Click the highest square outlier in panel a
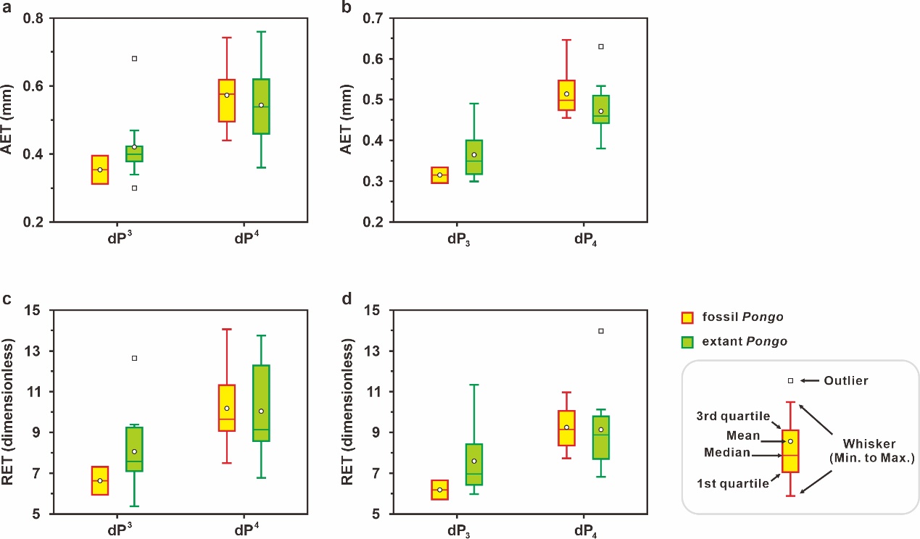pos(134,59)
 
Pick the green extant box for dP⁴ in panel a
pos(261,106)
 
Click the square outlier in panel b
pos(600,47)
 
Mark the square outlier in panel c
pos(134,358)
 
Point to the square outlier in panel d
pos(600,331)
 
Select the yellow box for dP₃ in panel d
pos(439,490)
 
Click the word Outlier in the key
pos(847,380)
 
